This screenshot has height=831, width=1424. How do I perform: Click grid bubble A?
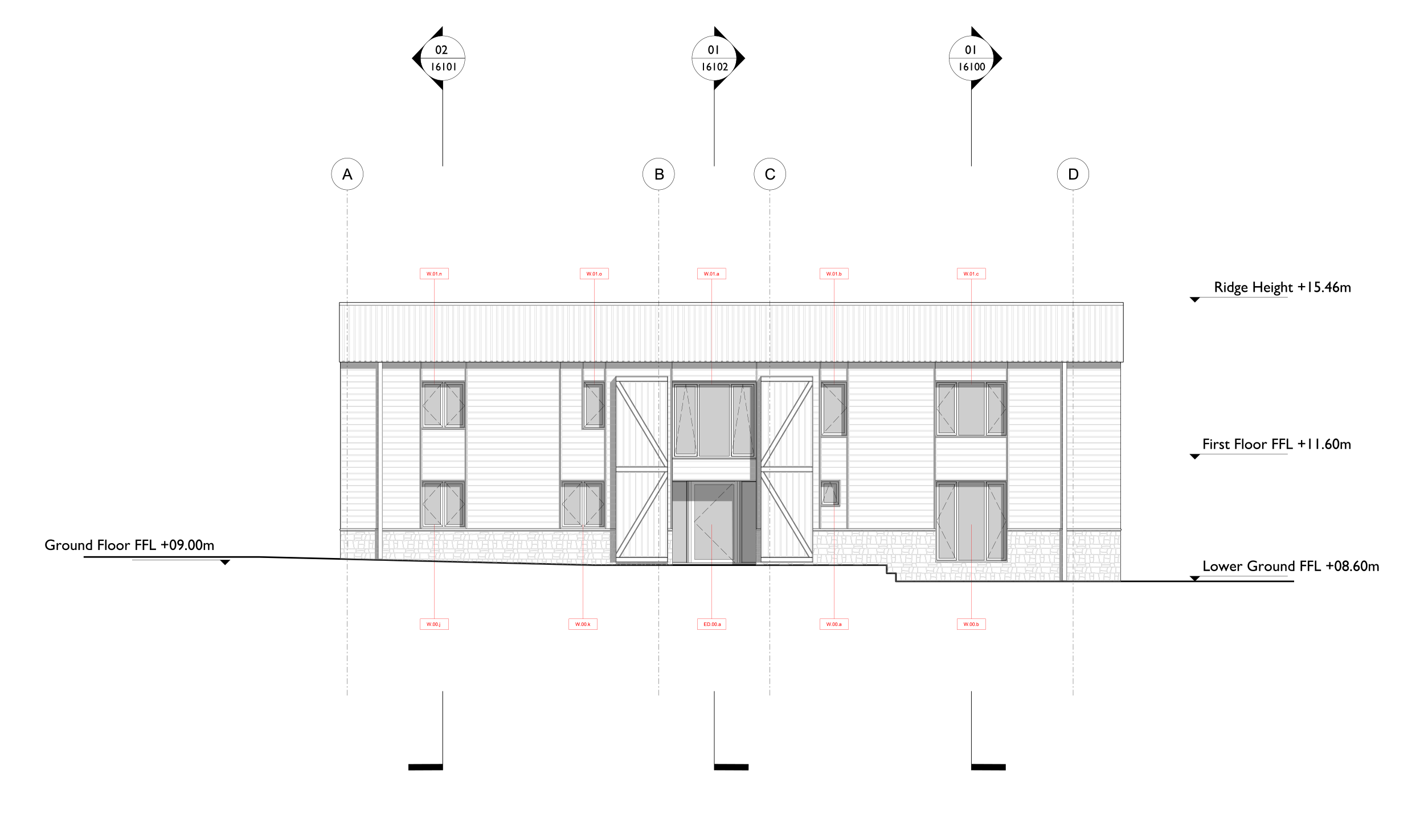click(x=347, y=174)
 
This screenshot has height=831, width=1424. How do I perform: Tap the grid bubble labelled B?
click(x=658, y=174)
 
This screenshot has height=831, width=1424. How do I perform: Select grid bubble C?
click(x=770, y=174)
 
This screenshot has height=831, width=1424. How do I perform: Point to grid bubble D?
click(x=1073, y=174)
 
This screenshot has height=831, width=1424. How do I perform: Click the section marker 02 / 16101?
click(x=442, y=58)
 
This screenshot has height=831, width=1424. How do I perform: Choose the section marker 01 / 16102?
click(x=714, y=58)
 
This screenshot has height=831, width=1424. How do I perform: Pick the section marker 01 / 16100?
click(x=971, y=58)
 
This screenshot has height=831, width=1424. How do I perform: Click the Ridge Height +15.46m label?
click(x=1282, y=287)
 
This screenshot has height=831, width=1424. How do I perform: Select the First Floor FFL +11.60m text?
click(x=1276, y=444)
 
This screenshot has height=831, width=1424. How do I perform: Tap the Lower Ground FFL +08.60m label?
click(x=1290, y=566)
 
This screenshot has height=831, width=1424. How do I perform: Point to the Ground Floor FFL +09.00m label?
click(x=129, y=545)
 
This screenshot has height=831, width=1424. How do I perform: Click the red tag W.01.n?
click(x=434, y=274)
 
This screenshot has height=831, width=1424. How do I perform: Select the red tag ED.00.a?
click(x=711, y=624)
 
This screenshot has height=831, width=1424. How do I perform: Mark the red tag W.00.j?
click(x=434, y=624)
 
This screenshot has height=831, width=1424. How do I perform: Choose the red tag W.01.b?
click(x=834, y=274)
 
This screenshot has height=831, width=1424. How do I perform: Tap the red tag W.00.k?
click(x=583, y=624)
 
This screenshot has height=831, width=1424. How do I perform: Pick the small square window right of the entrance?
click(x=830, y=492)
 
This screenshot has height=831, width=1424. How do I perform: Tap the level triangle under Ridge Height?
click(x=1195, y=300)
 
